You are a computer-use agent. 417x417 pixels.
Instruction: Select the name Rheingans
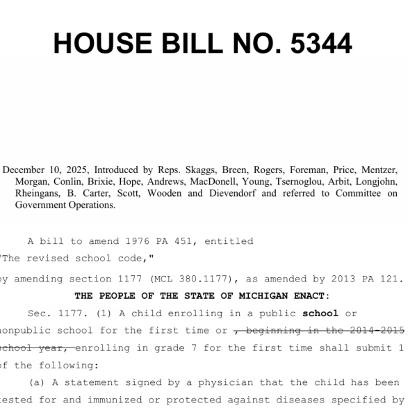(39, 193)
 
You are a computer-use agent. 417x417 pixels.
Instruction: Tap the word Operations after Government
(90, 205)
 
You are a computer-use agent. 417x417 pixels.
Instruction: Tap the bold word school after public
(320, 313)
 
